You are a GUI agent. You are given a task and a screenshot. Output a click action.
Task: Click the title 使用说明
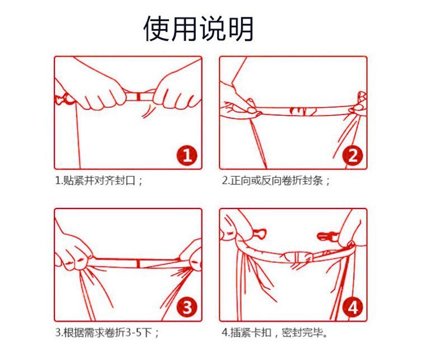click(x=199, y=29)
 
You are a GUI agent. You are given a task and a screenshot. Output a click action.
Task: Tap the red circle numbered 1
click(x=187, y=155)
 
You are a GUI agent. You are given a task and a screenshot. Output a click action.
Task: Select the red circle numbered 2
click(x=353, y=155)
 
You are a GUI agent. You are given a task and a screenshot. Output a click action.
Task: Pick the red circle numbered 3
click(x=187, y=307)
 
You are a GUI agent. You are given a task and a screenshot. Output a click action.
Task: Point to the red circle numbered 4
click(x=353, y=307)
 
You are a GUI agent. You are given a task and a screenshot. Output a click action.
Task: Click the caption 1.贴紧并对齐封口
click(x=99, y=181)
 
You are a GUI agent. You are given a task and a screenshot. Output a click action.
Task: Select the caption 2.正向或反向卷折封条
click(x=276, y=181)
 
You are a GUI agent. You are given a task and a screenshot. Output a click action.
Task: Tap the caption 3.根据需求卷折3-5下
click(x=107, y=332)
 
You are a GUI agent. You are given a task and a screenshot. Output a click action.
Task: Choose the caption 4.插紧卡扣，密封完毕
click(x=275, y=332)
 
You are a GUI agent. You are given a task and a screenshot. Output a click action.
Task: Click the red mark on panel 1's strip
click(x=138, y=96)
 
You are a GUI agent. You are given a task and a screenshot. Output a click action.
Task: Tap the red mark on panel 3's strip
click(x=138, y=263)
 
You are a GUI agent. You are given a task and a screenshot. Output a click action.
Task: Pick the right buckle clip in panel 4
click(x=327, y=236)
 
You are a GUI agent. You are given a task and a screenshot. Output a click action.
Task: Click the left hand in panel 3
click(x=73, y=250)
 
